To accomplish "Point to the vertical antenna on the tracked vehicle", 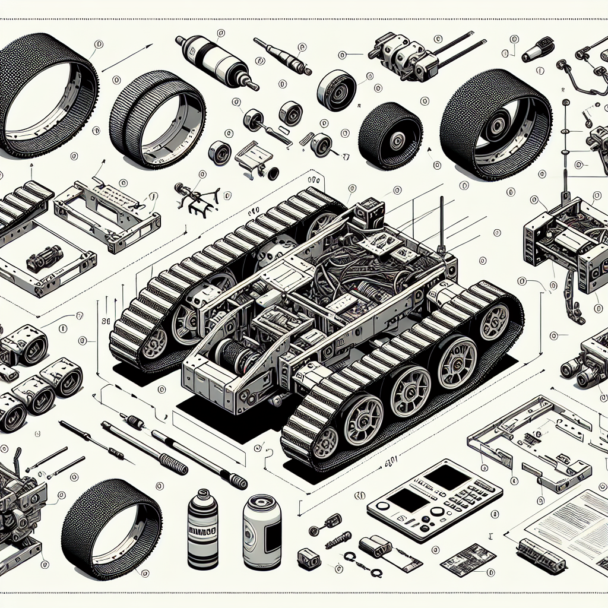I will coord(442,226).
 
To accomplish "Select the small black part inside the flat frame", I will coord(45,256).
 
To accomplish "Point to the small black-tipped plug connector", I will coord(537,49).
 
